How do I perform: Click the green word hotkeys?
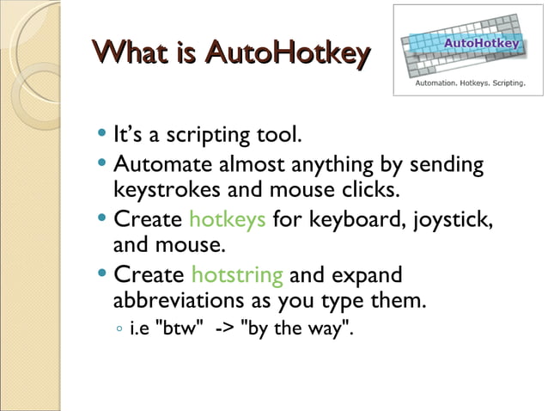[x=227, y=220]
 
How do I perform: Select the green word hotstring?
[x=236, y=276]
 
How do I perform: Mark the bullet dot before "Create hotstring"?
[x=103, y=276]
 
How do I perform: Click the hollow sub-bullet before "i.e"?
[x=119, y=329]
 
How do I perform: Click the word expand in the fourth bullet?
[x=368, y=276]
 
